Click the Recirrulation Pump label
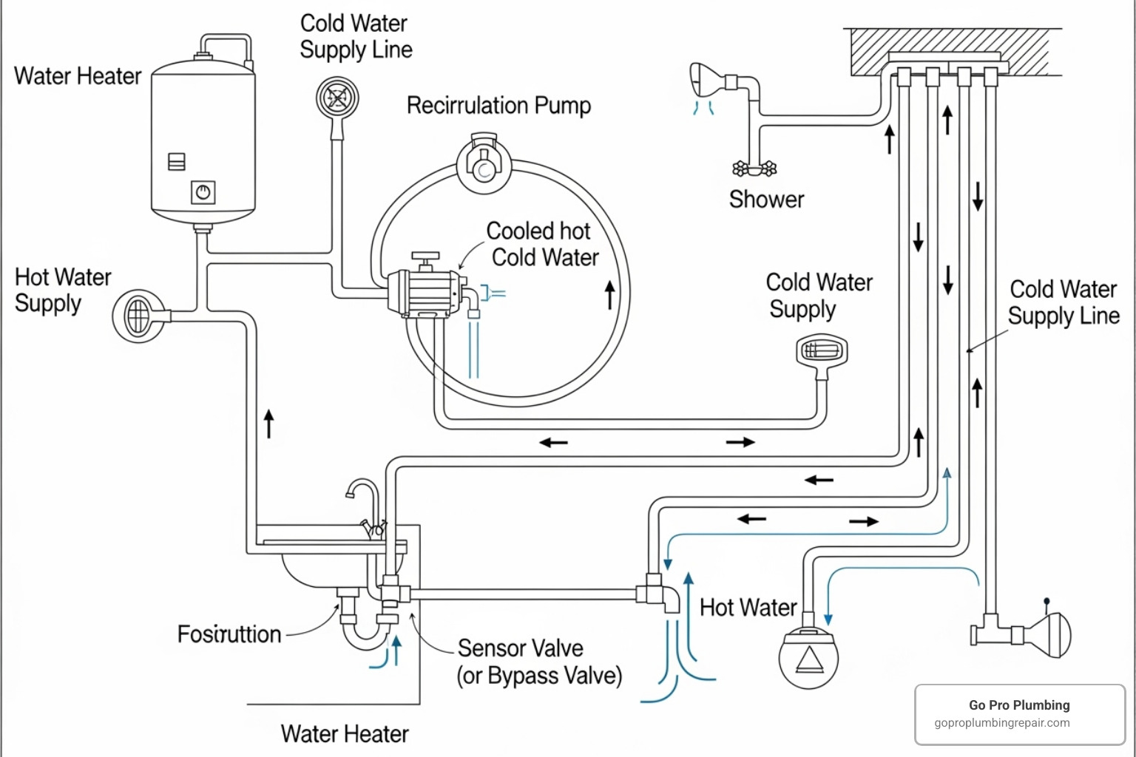[498, 106]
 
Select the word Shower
[766, 199]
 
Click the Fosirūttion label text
[229, 634]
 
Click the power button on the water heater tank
[203, 193]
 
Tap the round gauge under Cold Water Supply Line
[337, 98]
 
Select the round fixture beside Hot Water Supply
[139, 316]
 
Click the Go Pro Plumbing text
[1019, 705]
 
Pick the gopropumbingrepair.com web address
[1001, 723]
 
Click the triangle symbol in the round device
[809, 659]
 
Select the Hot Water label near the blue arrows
[748, 608]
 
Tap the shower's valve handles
[754, 169]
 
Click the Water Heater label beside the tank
[78, 76]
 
